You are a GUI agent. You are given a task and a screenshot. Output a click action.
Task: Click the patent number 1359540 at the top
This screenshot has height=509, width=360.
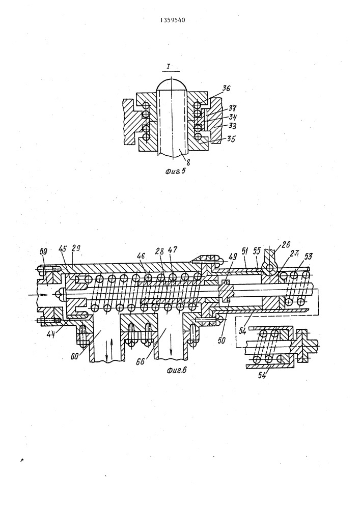click(173, 20)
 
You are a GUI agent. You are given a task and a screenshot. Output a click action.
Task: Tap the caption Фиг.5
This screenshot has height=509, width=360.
click(175, 171)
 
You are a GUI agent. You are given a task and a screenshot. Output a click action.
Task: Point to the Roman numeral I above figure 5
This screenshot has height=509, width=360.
click(169, 67)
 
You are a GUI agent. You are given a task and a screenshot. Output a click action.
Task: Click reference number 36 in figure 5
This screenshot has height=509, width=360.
click(226, 88)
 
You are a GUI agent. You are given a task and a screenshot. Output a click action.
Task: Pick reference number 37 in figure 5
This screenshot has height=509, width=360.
click(232, 108)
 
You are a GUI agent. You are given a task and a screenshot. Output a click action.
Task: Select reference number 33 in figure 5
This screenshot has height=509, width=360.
click(232, 125)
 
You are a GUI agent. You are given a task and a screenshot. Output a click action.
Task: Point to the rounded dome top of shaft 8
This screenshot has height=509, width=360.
click(172, 84)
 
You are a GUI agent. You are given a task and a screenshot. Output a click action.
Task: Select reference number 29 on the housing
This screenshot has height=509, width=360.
click(76, 249)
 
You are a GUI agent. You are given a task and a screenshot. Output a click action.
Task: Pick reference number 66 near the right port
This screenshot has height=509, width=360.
click(140, 361)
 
